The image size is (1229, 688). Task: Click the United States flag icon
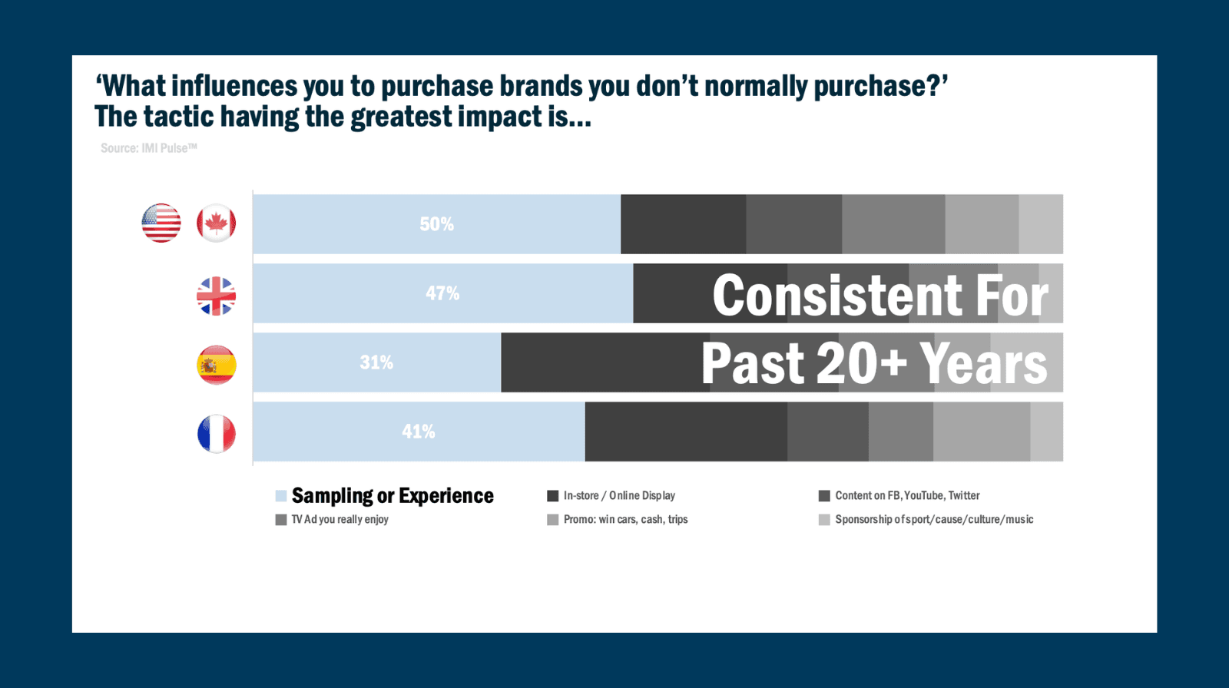pos(161,223)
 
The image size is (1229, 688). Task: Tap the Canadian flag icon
pos(216,223)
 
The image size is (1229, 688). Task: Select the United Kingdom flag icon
pos(216,296)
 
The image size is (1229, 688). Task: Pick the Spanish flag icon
pos(216,365)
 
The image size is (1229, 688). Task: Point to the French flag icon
pos(216,434)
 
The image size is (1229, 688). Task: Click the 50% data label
pos(436,224)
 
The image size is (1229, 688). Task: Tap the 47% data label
pos(442,293)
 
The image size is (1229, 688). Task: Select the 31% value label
pos(376,362)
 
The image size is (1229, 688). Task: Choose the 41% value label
pos(419,432)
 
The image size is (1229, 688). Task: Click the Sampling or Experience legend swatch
pos(281,496)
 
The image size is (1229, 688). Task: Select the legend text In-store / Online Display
pos(619,496)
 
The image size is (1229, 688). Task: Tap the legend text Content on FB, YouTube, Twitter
pos(907,496)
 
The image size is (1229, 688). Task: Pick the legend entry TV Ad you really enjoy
pos(340,520)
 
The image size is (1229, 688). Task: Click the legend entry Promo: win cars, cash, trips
pos(625,520)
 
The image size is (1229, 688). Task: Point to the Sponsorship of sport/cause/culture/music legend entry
pos(934,520)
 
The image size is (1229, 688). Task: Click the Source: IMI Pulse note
pos(148,148)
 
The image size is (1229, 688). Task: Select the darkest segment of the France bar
pos(686,432)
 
